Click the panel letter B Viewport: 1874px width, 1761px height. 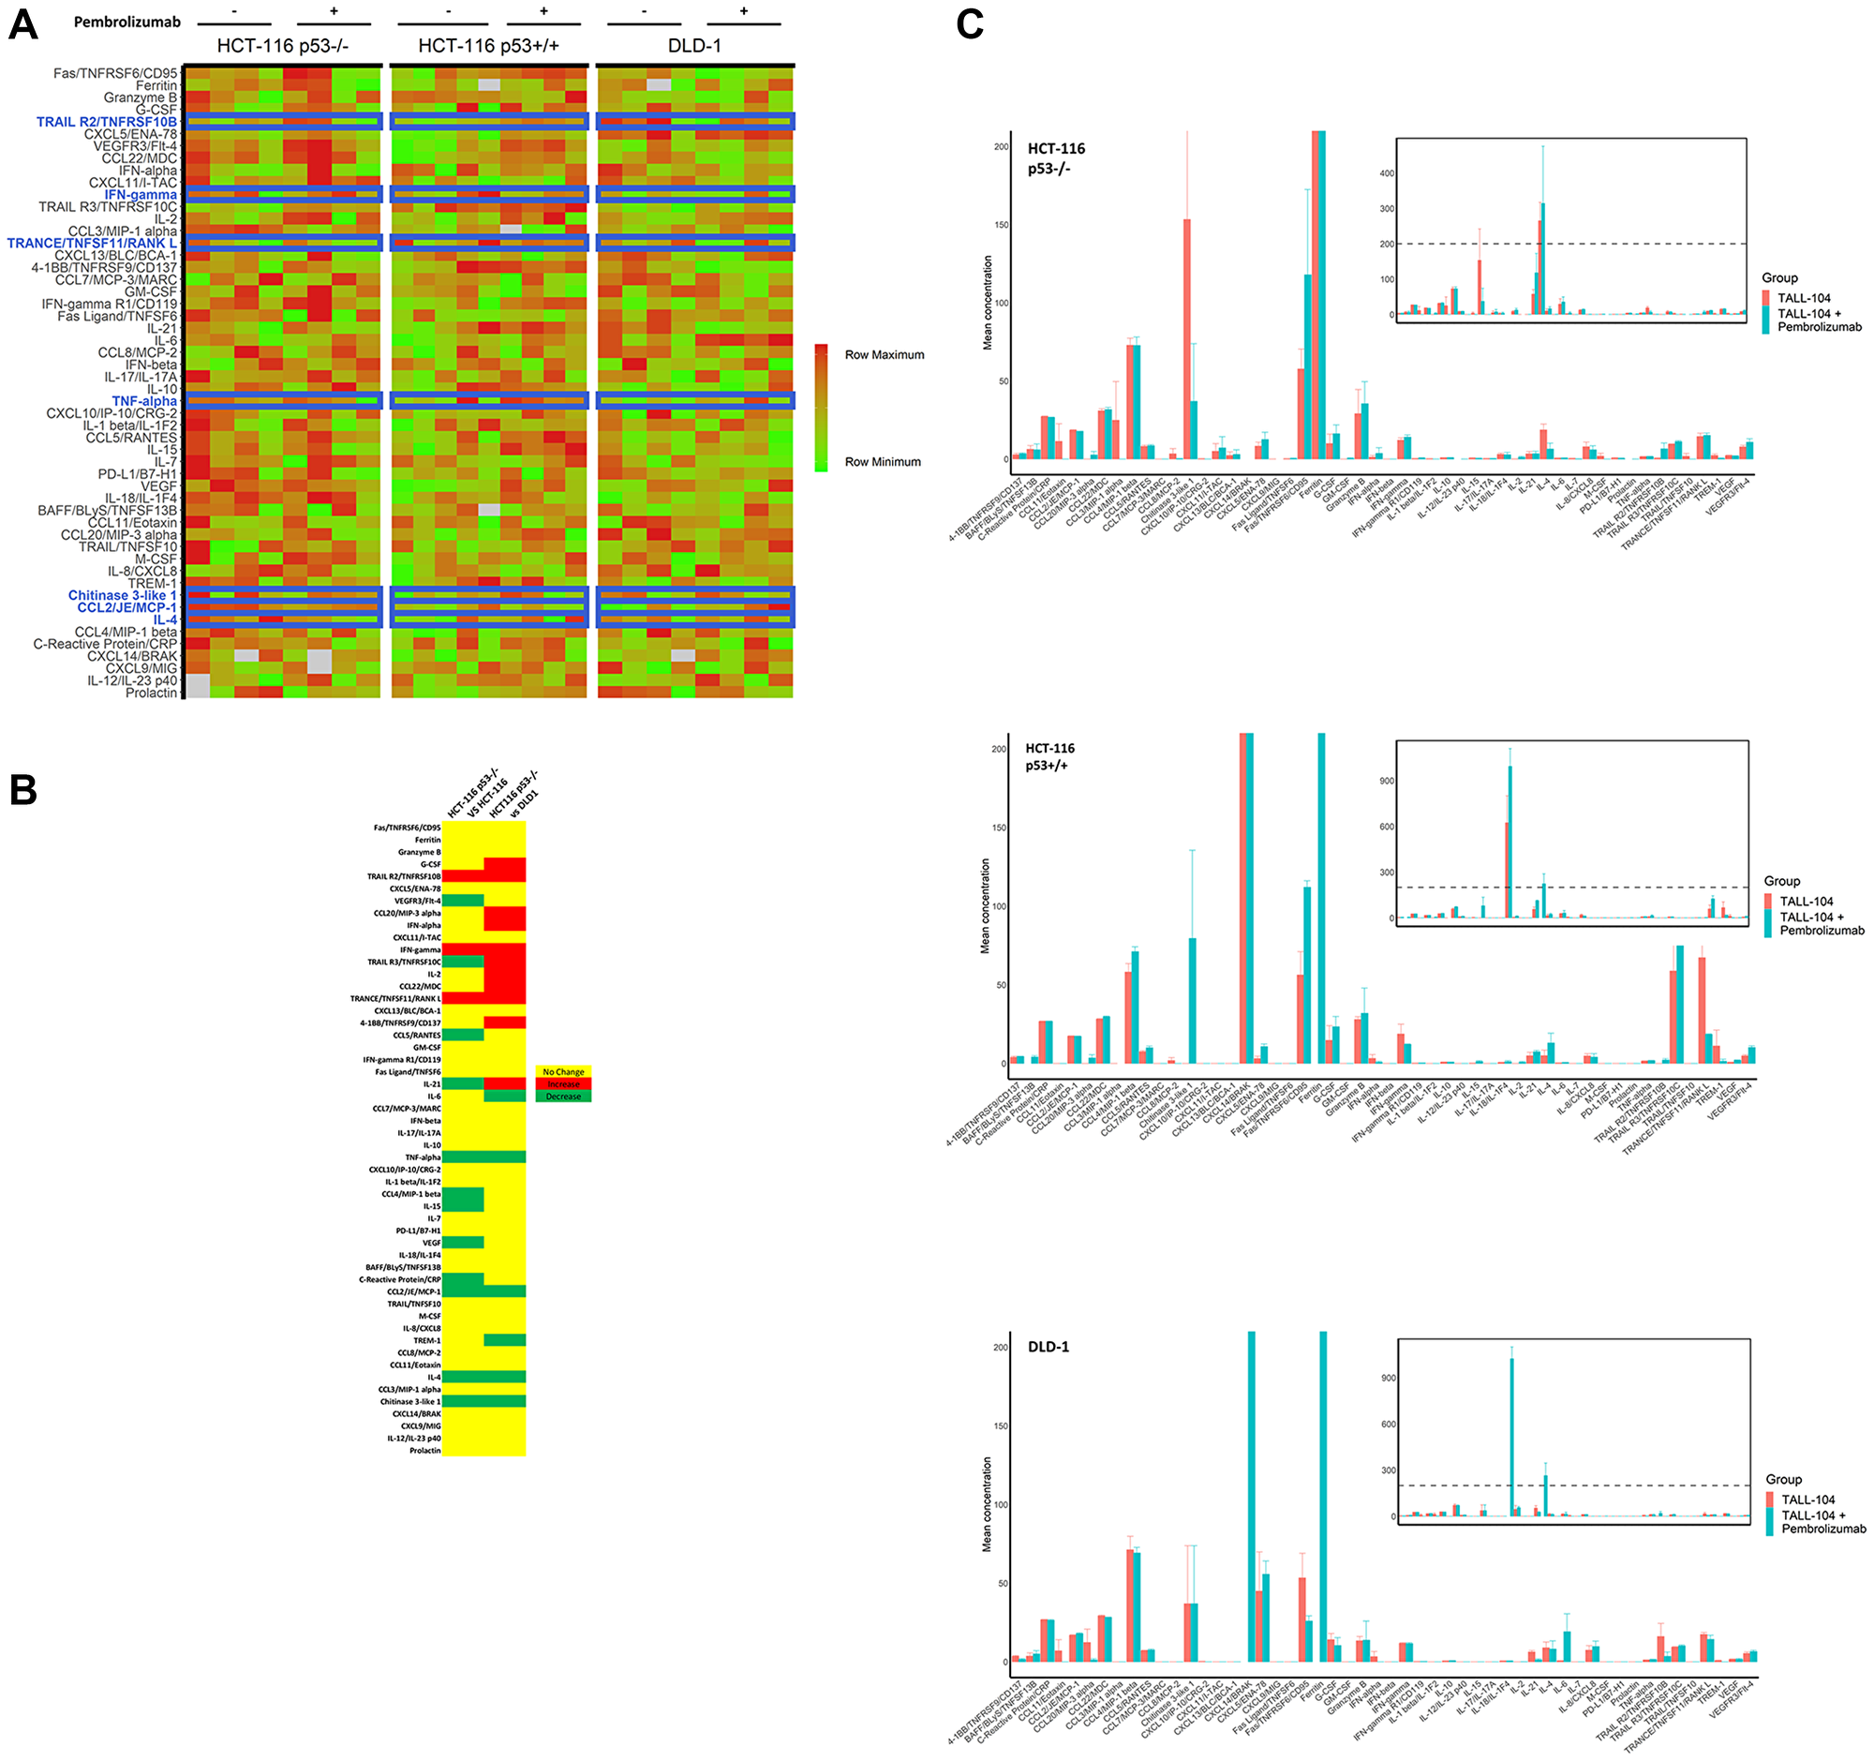(22, 790)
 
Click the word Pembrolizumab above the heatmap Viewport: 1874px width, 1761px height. (127, 22)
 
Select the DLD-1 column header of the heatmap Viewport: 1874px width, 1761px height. (693, 46)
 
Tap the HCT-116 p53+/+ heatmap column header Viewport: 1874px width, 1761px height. (488, 46)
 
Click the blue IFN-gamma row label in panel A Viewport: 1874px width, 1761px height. (141, 195)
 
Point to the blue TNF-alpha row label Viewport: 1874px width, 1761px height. (144, 402)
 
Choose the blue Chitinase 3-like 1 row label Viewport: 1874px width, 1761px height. (122, 596)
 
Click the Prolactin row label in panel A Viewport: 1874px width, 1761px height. (151, 693)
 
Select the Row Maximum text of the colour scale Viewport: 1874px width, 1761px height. (884, 355)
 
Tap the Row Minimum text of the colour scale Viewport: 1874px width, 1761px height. (883, 462)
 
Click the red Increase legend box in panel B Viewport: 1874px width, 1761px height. (563, 1084)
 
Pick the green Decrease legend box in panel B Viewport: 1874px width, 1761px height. (563, 1097)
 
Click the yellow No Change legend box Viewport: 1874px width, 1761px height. (563, 1072)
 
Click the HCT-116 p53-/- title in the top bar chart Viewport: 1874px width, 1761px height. (1055, 158)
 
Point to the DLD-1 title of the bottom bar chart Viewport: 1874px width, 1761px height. (1049, 1346)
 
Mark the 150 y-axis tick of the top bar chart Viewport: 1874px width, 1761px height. (1000, 225)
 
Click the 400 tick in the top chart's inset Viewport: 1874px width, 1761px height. (1387, 173)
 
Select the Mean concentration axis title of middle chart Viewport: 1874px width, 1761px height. (985, 905)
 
